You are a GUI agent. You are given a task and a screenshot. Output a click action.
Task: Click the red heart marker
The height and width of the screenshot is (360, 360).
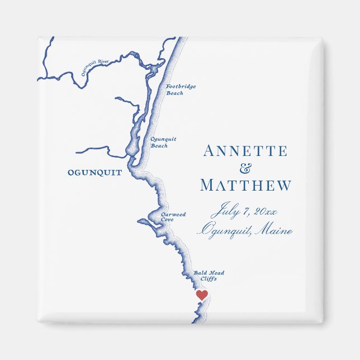pos(202,295)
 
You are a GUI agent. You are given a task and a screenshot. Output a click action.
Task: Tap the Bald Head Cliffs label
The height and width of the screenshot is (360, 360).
pos(209,276)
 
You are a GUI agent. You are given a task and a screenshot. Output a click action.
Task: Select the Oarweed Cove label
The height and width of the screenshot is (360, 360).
pos(173,217)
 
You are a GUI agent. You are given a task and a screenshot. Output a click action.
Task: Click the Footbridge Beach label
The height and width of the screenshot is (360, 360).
pos(181,89)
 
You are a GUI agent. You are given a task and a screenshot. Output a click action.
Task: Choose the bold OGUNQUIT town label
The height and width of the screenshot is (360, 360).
pos(94,173)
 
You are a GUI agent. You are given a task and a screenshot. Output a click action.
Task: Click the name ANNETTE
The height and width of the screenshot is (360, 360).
pos(245,151)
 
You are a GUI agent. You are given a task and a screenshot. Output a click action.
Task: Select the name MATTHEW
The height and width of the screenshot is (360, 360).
pos(245,186)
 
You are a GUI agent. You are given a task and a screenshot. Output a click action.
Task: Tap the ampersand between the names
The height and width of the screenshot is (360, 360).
pos(245,168)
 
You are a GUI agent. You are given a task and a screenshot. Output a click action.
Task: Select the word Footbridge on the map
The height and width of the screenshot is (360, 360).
pos(181,87)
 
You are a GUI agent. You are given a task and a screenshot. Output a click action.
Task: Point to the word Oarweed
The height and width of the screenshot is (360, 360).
pos(173,214)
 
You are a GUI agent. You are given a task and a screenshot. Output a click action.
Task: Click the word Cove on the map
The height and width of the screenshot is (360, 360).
pos(167,220)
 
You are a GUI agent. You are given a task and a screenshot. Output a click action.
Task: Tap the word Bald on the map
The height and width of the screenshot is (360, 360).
pos(201,273)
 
